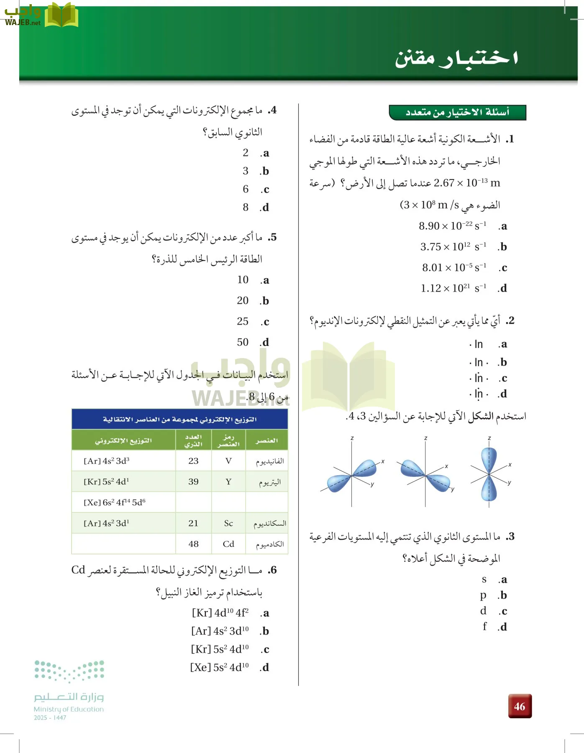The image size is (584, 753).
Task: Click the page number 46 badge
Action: [x=520, y=706]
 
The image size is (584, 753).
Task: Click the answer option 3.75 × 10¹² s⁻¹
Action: [x=453, y=247]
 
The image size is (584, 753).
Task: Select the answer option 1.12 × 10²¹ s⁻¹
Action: [x=453, y=288]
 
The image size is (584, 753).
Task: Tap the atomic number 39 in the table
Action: [x=193, y=482]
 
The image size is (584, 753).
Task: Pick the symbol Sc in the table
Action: [x=228, y=523]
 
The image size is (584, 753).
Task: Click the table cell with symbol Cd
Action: [x=228, y=544]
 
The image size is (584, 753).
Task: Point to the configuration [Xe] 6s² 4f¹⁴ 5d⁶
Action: [x=115, y=502]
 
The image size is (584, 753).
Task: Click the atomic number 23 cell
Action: [x=193, y=461]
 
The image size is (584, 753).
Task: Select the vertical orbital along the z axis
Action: [x=489, y=474]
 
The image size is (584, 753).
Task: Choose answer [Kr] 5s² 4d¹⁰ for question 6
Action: [x=220, y=649]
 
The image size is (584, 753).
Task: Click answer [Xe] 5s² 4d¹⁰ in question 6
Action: [x=219, y=667]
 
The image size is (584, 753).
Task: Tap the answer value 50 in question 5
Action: [x=243, y=342]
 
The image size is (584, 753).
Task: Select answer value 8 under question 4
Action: [x=246, y=207]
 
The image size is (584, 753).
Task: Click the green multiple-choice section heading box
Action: [x=457, y=112]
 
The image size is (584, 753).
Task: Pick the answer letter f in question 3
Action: [x=484, y=626]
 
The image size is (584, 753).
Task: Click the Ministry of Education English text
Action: [x=69, y=709]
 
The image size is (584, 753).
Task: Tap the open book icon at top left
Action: [x=61, y=15]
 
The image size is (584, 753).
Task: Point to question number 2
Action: [x=510, y=321]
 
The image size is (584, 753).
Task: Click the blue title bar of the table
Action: [x=180, y=419]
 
